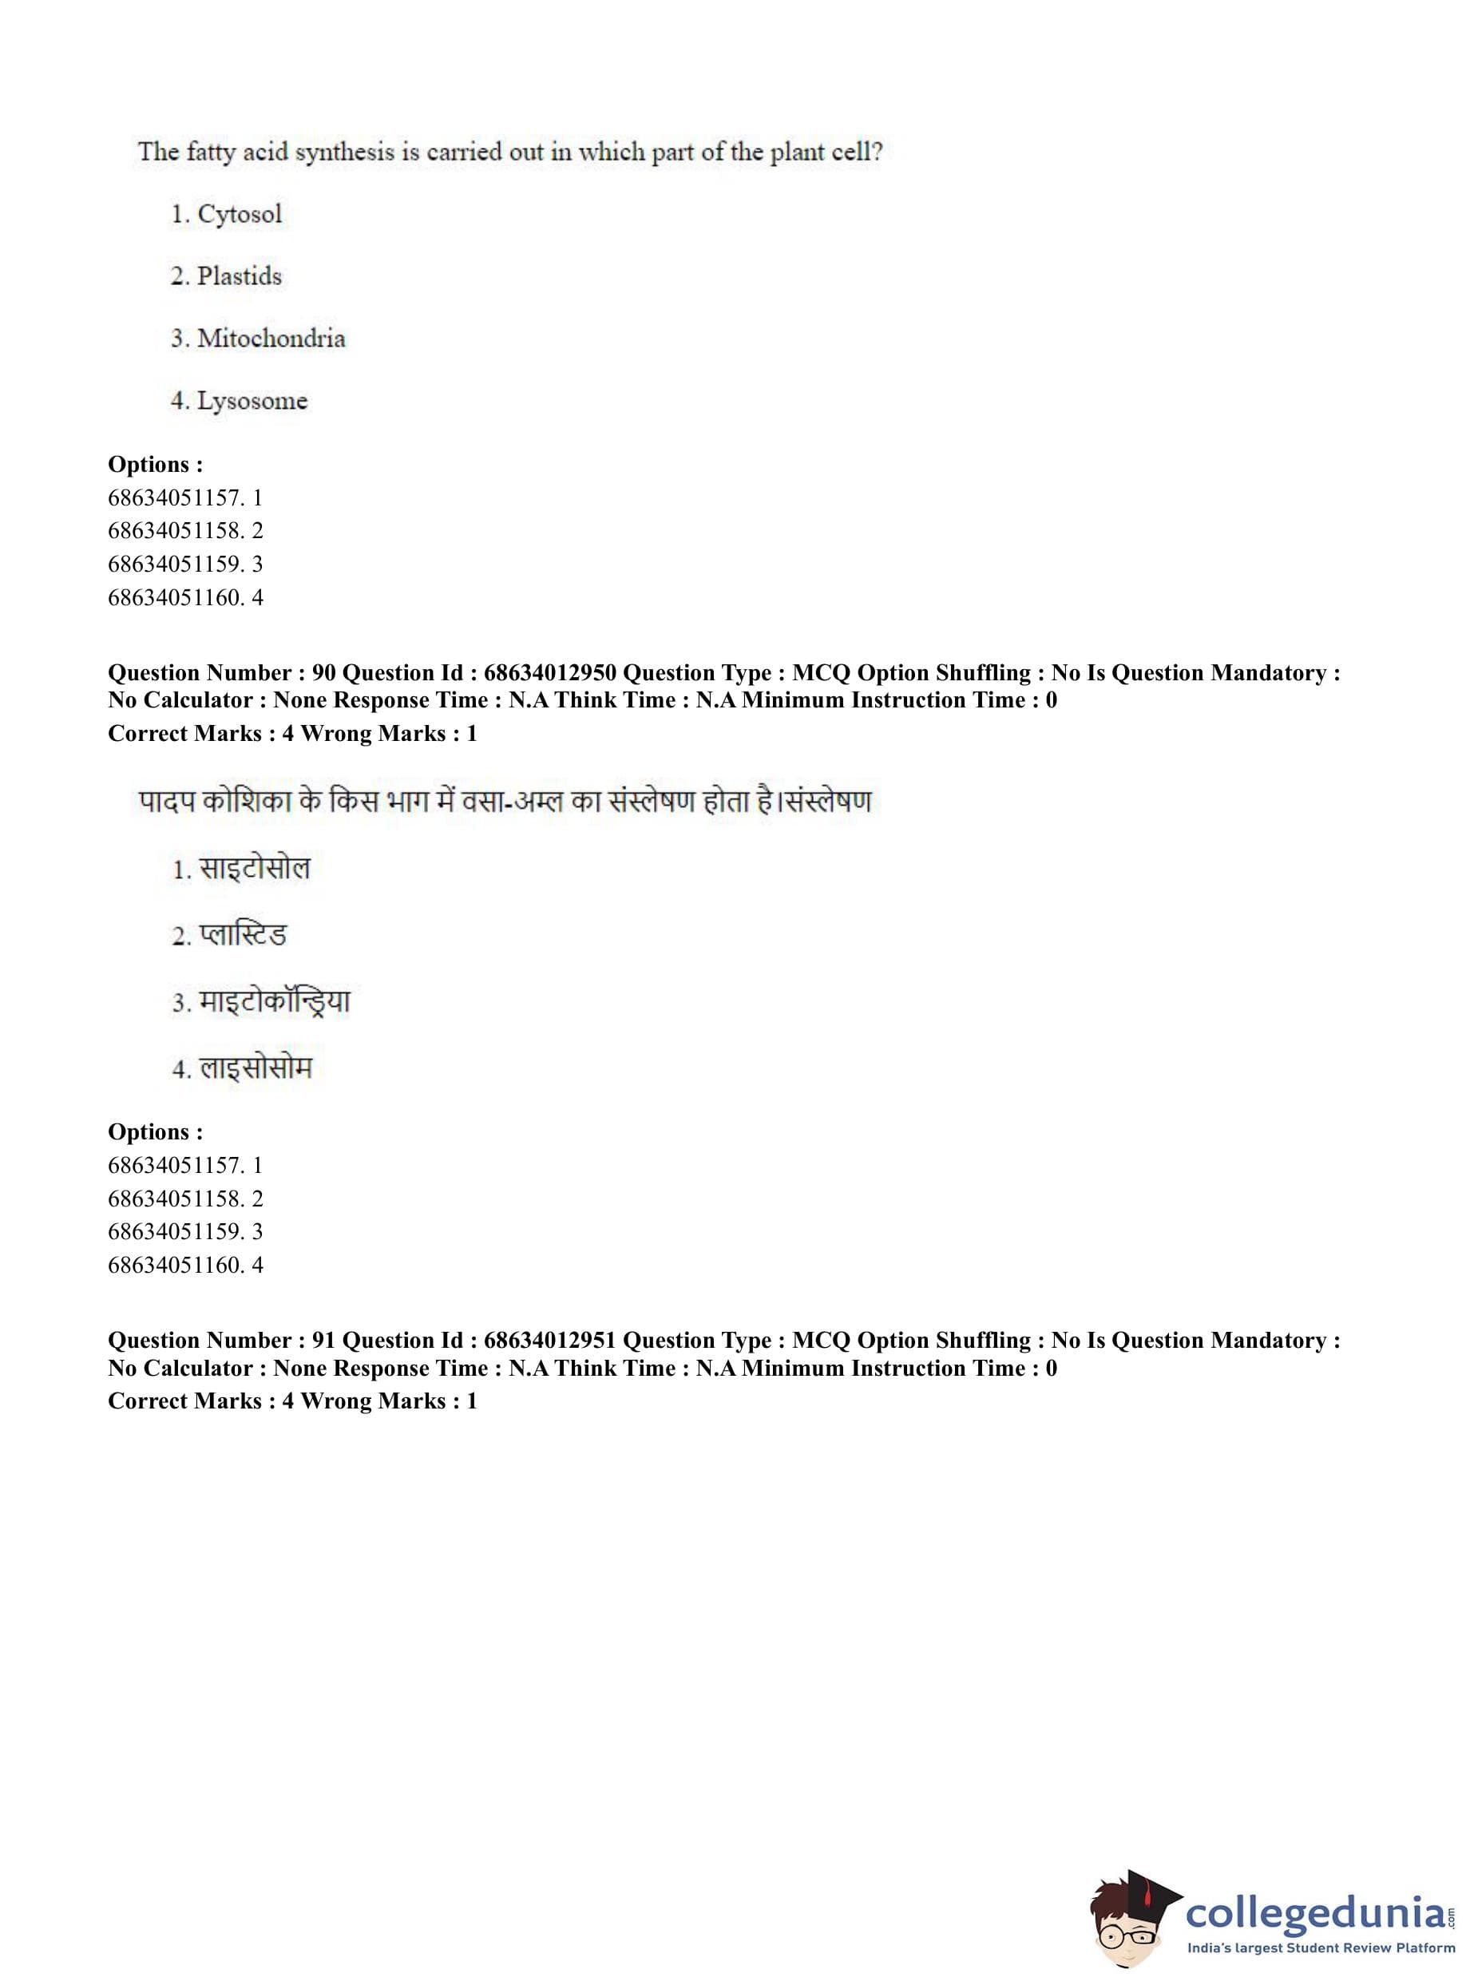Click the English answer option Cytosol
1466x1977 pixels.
(239, 214)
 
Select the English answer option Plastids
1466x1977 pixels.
(239, 276)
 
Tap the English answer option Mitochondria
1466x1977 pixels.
(271, 338)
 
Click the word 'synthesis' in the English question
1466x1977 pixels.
(344, 153)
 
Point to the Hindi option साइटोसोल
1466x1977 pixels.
(254, 868)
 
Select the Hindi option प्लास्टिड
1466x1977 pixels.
(242, 935)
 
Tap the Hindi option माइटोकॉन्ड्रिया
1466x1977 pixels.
(274, 1002)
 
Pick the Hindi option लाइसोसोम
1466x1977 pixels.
(256, 1068)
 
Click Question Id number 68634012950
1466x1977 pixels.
(549, 672)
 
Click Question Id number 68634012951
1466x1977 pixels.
(549, 1340)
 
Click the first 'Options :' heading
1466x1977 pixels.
(155, 464)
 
